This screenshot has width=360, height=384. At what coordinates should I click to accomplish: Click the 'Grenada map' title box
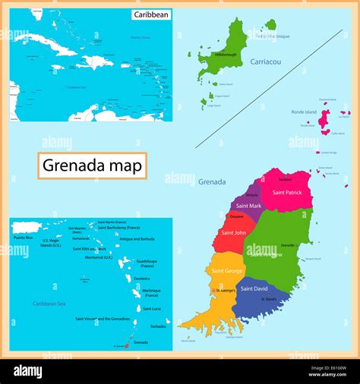92,165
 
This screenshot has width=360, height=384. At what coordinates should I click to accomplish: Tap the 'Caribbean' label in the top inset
151,14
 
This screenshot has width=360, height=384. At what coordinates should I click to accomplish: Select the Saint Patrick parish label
288,193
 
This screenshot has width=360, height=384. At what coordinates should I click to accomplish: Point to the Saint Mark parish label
248,206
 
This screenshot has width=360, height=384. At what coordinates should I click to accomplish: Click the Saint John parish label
233,233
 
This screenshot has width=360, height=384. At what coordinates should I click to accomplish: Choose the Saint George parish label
227,271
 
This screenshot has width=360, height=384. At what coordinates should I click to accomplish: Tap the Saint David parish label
254,288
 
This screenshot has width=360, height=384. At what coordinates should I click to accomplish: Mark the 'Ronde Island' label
305,112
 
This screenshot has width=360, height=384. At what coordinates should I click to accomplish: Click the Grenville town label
288,245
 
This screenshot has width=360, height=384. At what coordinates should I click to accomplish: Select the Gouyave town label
236,216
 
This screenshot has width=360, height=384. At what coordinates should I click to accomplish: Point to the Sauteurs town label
285,180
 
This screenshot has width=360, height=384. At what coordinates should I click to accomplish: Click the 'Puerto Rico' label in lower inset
24,238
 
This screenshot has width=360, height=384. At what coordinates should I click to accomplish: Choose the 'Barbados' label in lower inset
158,326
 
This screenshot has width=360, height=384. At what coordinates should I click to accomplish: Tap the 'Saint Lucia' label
151,309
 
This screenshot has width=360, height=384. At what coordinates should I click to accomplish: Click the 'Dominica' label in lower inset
141,279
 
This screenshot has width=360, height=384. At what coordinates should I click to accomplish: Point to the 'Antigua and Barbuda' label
137,240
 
